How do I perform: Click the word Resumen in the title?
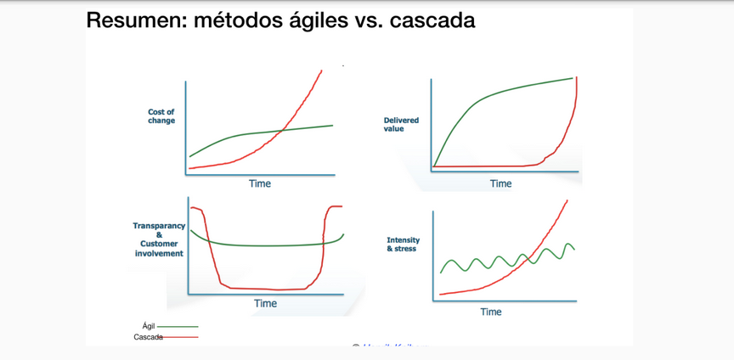point(136,20)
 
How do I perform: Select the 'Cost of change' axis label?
point(161,116)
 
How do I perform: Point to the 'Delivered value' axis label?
point(401,125)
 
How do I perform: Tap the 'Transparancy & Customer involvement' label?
point(159,239)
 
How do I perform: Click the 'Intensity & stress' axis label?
point(404,245)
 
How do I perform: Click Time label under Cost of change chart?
point(260,183)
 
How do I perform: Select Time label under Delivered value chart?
point(500,183)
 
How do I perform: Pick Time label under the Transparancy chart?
point(265,303)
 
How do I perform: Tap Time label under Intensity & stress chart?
point(491,312)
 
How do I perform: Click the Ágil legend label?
point(149,326)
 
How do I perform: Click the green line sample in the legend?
point(178,326)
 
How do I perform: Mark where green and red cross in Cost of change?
point(281,131)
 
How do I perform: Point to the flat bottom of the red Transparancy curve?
point(263,289)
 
